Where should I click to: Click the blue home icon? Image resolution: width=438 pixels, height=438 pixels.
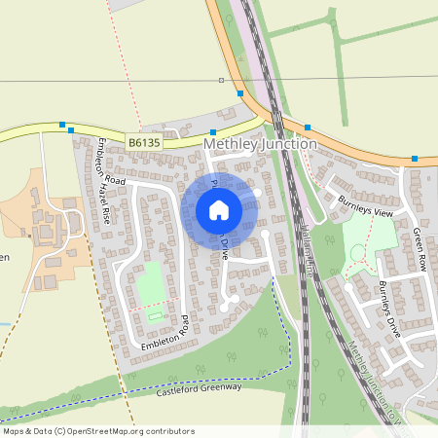pos(219,209)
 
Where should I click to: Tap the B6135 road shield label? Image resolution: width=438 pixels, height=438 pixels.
pos(143,142)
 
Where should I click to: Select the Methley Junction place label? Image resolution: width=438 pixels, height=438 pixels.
pos(260,144)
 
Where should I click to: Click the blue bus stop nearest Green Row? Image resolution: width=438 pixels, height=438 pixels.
pos(415,158)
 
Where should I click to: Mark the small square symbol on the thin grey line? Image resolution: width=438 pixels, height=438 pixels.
pos(221,80)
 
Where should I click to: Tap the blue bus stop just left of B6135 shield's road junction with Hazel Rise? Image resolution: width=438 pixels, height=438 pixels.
pos(63,125)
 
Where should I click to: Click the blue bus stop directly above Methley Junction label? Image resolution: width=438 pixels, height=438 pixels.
pos(213,131)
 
